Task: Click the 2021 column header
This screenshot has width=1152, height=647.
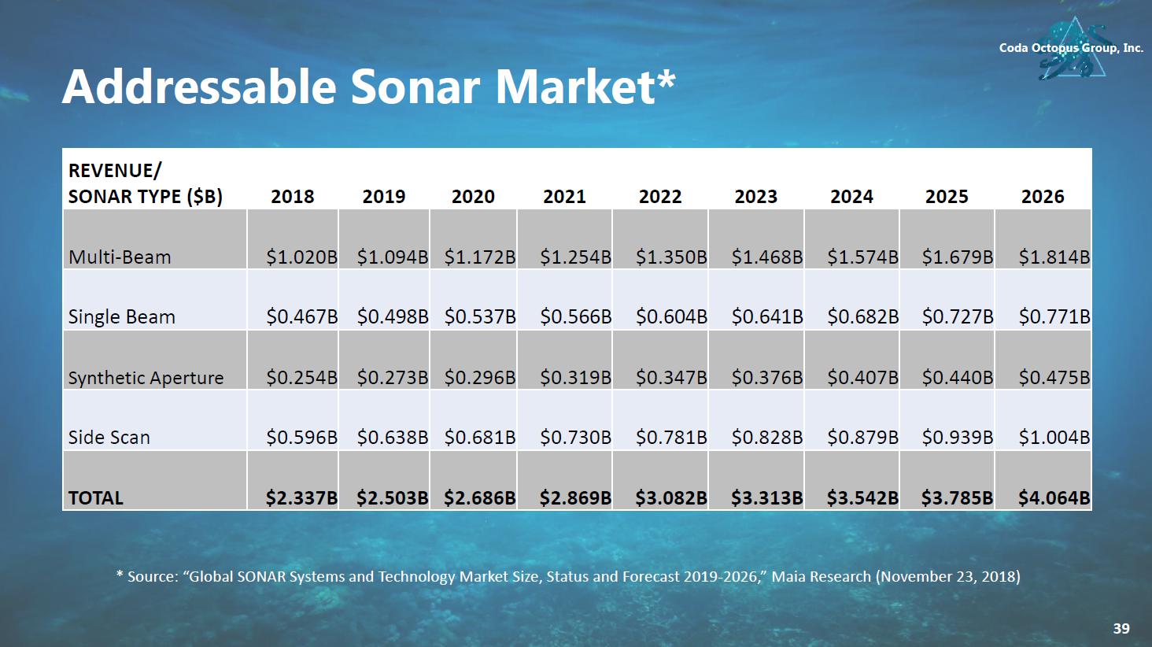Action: point(564,197)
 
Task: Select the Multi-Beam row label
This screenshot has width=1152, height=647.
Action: point(120,257)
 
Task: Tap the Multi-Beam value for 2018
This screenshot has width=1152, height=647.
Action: point(301,257)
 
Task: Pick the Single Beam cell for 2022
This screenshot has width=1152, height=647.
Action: point(671,317)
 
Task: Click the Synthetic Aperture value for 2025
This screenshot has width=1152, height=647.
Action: point(957,378)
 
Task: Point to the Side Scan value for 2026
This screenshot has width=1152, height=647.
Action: point(1054,438)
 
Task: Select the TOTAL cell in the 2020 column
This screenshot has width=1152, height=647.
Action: point(479,498)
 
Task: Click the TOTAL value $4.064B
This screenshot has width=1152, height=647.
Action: point(1054,498)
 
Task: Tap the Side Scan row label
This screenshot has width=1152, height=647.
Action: point(109,438)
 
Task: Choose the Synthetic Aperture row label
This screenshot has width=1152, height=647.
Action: point(146,378)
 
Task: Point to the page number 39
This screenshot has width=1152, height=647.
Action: point(1121,628)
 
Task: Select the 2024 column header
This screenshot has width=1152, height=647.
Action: point(851,197)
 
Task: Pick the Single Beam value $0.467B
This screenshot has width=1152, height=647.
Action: point(301,317)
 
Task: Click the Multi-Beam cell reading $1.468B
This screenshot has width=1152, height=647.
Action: point(766,257)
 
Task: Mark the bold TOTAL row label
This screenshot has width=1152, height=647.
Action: point(96,498)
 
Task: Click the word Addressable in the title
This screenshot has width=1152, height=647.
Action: point(200,87)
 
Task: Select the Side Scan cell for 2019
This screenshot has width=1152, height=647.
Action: point(392,438)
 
